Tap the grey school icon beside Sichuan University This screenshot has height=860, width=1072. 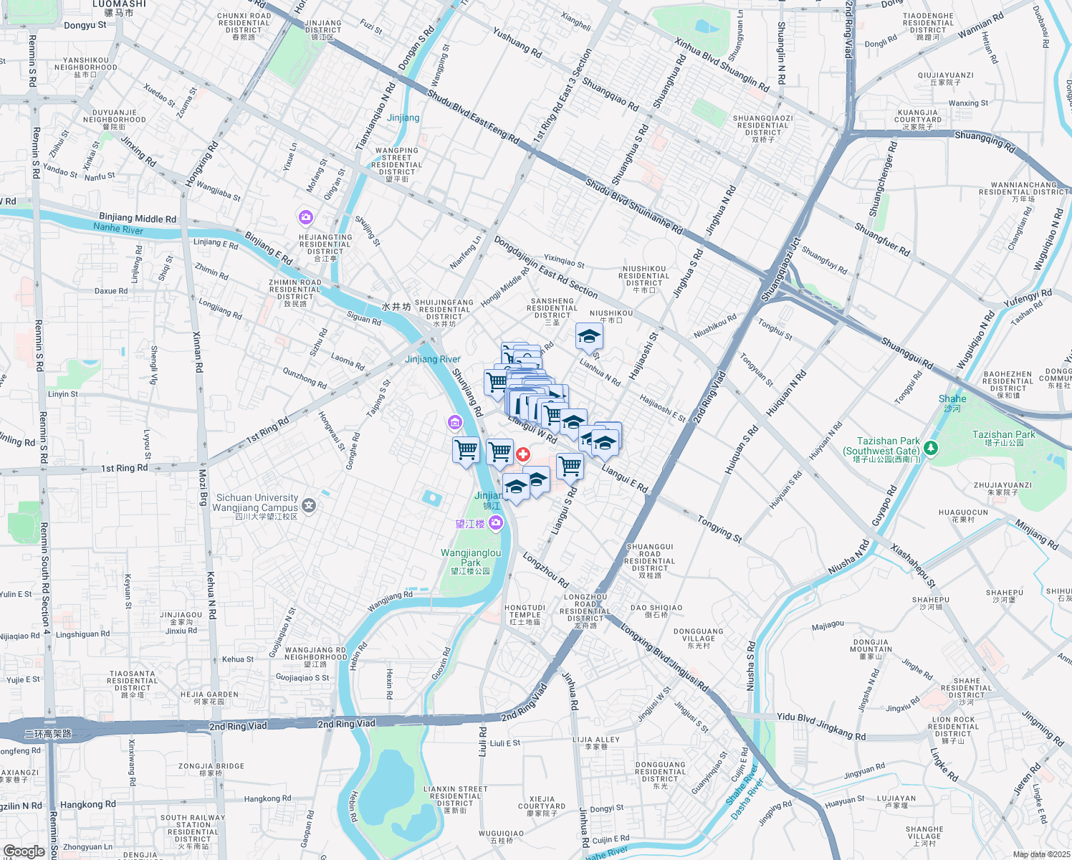309,506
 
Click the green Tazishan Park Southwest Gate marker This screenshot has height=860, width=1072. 931,449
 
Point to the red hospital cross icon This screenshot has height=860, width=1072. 523,454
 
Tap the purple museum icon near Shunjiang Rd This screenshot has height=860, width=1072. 454,423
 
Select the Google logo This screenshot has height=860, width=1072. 24,851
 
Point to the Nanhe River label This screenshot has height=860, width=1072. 118,229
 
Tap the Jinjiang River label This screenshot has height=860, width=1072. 433,360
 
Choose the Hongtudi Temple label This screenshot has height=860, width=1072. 525,614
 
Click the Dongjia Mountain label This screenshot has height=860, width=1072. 871,649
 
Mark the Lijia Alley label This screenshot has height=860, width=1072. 596,742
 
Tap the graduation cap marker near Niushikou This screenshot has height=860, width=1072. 589,337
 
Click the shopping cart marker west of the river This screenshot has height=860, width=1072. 466,451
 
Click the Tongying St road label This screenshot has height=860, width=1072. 719,528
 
